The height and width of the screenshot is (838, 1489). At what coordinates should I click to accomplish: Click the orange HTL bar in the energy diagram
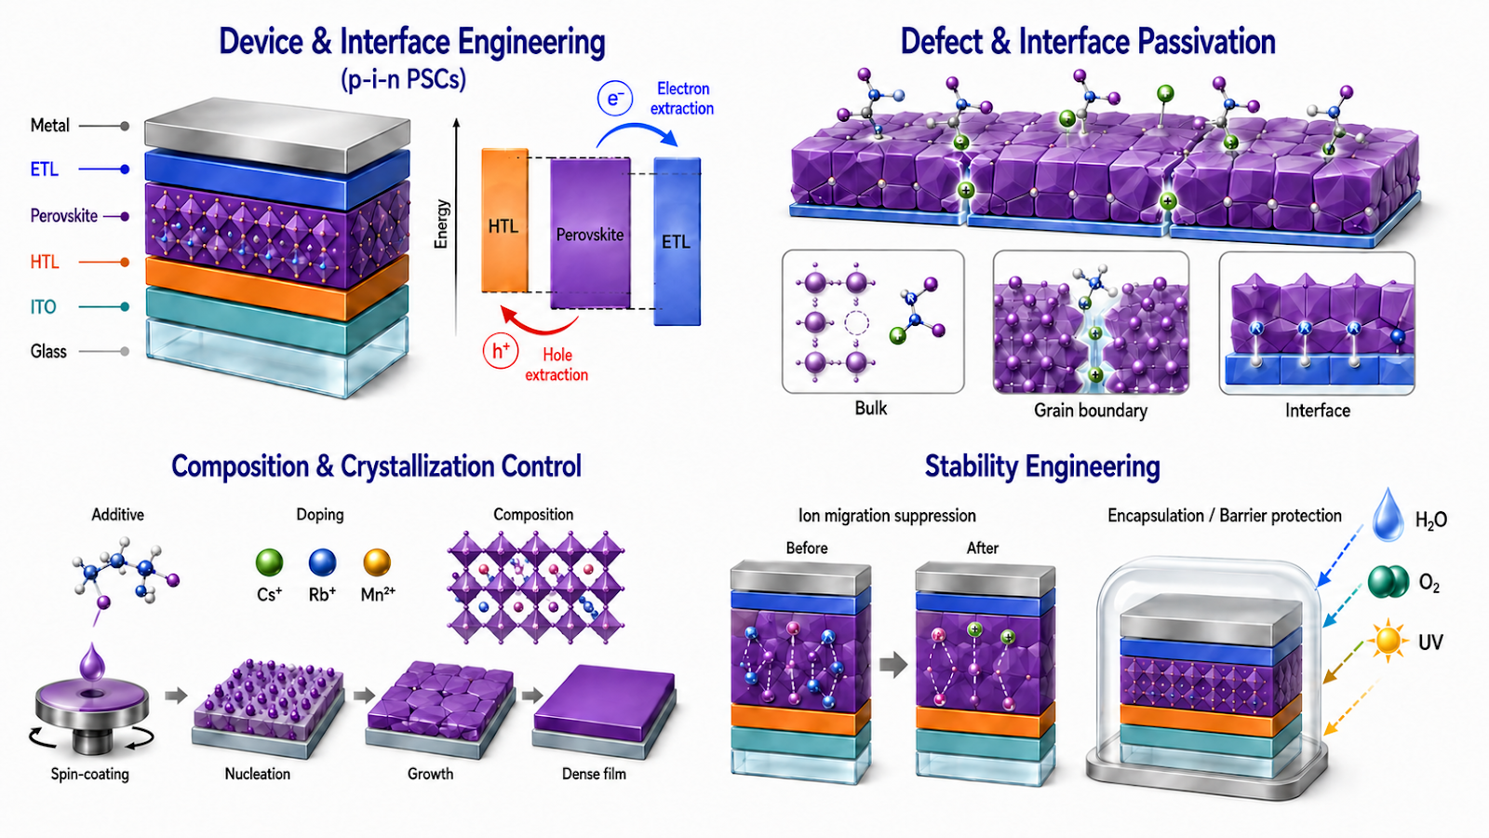point(504,221)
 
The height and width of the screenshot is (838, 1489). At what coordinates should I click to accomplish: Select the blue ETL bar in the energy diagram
point(677,241)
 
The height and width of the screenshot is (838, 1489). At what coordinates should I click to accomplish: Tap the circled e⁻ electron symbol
point(615,99)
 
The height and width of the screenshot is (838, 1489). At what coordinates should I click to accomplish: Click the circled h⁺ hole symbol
point(500,350)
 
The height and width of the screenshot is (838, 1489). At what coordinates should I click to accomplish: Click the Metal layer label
point(50,125)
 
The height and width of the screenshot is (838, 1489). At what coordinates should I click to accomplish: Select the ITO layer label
point(43,306)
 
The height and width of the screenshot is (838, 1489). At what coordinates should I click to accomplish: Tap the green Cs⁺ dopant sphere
point(269,562)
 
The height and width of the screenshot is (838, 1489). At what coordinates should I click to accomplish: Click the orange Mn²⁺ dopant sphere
point(377,562)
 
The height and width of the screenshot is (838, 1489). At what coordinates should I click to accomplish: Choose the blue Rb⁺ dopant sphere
point(322,562)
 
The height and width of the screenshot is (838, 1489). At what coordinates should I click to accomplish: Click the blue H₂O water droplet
point(1388,516)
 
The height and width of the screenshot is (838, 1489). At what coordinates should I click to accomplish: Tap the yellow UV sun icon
point(1388,641)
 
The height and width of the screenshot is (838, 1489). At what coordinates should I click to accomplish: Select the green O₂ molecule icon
point(1388,582)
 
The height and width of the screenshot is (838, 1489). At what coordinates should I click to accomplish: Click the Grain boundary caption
point(1090,411)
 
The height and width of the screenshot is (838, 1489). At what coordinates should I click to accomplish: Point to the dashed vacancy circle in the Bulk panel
point(856,323)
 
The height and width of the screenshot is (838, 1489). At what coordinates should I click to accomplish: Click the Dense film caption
point(594,774)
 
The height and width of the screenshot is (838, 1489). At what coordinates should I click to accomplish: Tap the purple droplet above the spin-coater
point(92,662)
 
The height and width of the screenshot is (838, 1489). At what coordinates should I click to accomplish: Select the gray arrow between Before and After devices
point(893,664)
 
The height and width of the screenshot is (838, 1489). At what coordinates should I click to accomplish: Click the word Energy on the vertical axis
point(441,224)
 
